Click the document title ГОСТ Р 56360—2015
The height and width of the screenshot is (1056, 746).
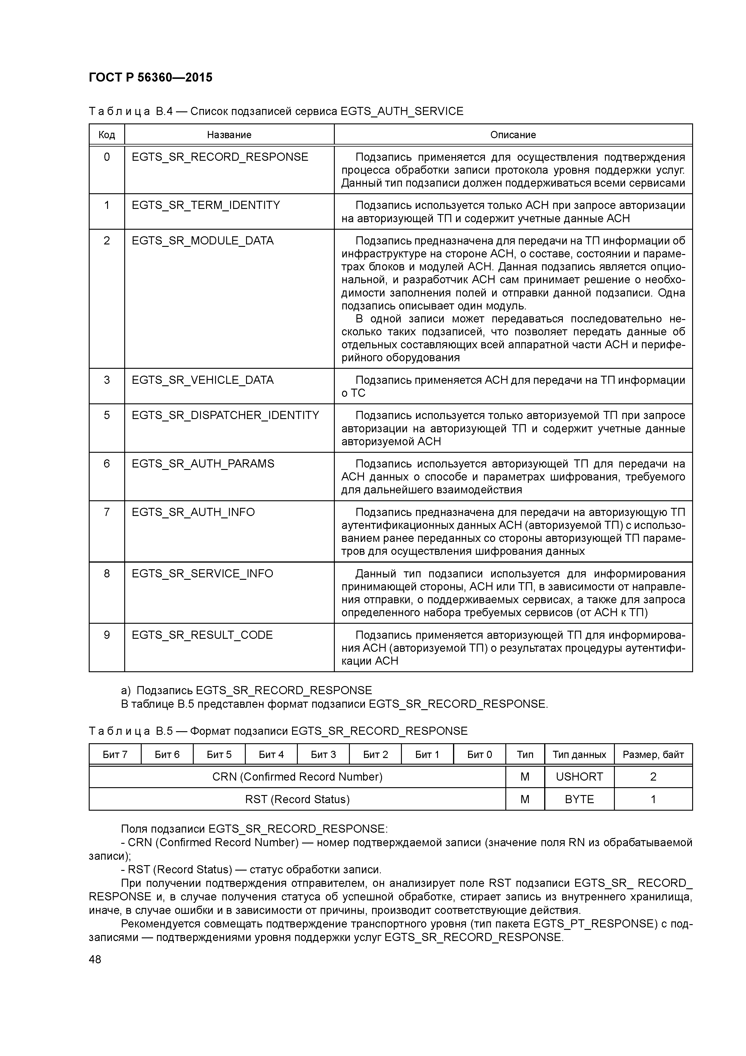[x=150, y=77]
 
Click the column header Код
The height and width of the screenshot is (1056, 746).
[x=107, y=135]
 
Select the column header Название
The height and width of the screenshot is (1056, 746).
[x=229, y=135]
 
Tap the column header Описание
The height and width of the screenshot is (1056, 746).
[x=513, y=135]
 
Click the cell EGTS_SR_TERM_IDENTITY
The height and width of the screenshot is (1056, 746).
[x=206, y=205]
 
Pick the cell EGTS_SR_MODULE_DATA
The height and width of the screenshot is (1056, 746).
[x=203, y=241]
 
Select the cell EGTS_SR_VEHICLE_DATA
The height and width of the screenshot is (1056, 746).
[x=203, y=380]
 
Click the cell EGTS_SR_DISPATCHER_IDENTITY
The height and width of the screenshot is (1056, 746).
[x=225, y=415]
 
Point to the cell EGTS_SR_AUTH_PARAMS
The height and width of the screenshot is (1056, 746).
[x=203, y=464]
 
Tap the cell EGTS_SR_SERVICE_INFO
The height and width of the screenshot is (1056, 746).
[x=202, y=573]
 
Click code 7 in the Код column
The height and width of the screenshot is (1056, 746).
[x=107, y=512]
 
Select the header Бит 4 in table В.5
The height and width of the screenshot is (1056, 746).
[x=271, y=754]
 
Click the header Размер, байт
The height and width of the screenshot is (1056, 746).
[x=653, y=754]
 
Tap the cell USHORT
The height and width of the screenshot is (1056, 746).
[x=579, y=777]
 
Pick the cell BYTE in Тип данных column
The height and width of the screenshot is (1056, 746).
[x=579, y=799]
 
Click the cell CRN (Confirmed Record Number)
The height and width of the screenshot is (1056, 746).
[x=297, y=777]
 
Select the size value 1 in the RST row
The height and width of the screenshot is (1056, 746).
[x=653, y=799]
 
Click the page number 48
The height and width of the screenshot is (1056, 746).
[x=95, y=959]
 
